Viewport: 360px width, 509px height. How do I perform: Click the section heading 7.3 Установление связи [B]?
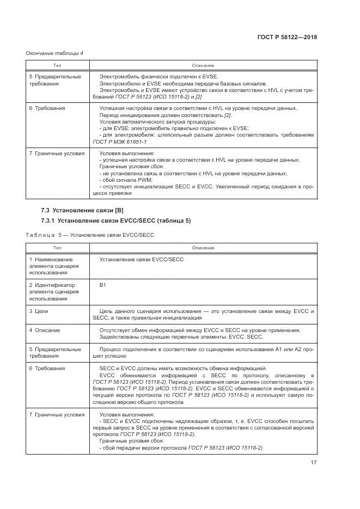pos(82,210)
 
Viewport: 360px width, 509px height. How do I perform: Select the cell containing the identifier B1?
pos(102,285)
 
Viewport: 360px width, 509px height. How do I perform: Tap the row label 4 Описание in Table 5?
pos(45,330)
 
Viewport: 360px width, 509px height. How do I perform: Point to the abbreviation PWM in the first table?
pos(144,179)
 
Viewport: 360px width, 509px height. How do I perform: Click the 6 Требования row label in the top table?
pos(47,108)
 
